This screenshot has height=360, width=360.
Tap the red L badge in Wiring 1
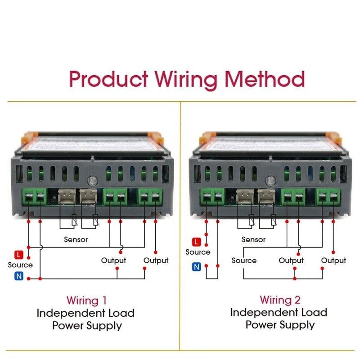tap(18, 255)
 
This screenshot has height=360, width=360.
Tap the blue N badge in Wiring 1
tap(18, 276)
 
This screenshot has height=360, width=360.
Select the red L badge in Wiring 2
tap(196, 242)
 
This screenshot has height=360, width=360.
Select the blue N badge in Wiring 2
tap(196, 267)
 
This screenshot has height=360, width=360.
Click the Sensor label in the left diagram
tap(76, 239)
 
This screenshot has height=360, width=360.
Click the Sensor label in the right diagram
tap(253, 239)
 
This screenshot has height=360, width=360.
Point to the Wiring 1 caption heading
tap(87, 300)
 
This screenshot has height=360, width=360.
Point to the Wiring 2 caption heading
tap(280, 299)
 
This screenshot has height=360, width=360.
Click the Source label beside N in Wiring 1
tap(20, 265)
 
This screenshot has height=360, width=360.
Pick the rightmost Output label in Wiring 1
tap(156, 260)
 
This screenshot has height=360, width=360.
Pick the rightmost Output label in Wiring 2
tap(333, 260)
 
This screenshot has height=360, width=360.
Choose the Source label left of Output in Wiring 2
tap(244, 260)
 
